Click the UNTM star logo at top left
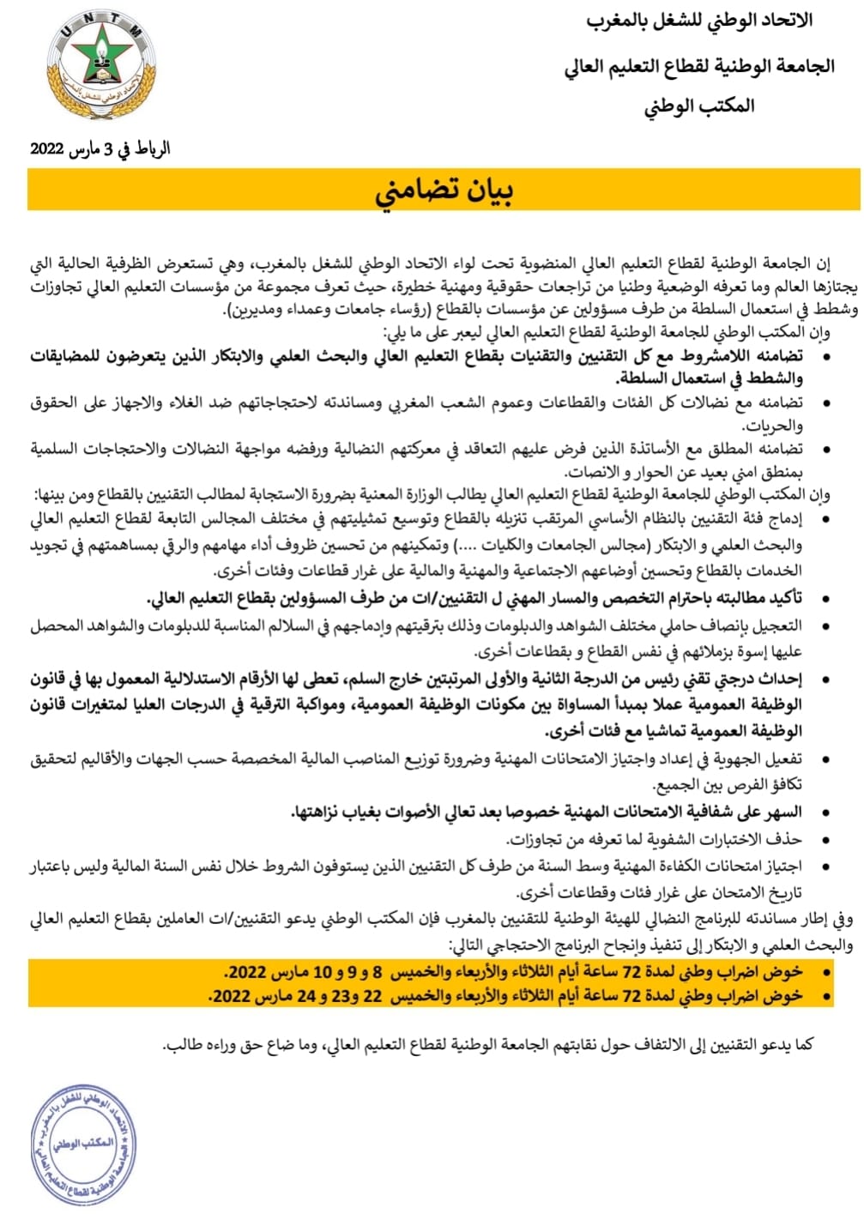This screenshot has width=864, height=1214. click(101, 66)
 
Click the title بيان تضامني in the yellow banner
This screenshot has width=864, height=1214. click(444, 190)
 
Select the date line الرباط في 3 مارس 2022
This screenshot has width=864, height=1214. click(100, 148)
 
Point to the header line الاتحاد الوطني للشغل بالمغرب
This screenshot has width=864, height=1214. click(699, 21)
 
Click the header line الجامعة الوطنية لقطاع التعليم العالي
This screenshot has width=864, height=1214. click(699, 65)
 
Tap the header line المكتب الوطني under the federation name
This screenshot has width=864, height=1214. click(699, 106)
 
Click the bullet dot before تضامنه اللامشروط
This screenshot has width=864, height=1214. click(825, 355)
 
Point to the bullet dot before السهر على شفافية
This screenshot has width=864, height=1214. click(825, 812)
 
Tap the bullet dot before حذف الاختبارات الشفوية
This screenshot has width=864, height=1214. click(825, 839)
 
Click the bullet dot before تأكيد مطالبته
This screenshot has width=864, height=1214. click(825, 598)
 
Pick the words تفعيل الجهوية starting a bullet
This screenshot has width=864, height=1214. click(764, 758)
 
